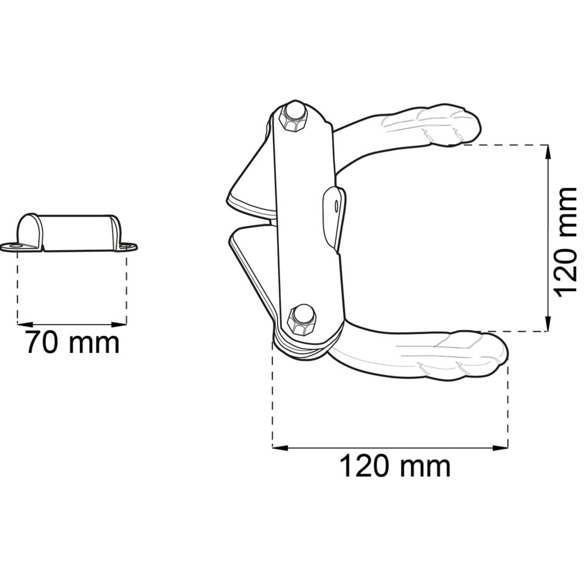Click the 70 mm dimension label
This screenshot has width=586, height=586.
pos(73,342)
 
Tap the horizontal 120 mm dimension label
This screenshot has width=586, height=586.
pos(394,466)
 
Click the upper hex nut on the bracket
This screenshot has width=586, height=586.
pos(293,118)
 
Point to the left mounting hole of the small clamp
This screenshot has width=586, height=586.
pos(15,246)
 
